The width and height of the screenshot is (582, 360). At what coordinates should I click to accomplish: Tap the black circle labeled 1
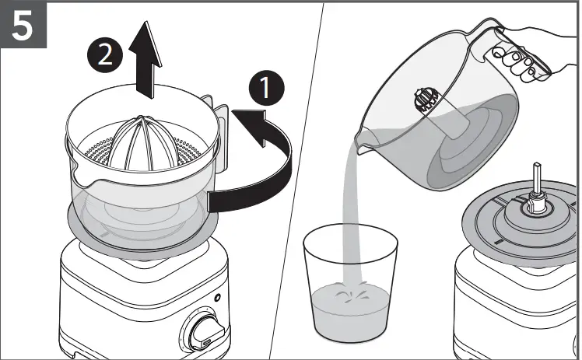(265, 88)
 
